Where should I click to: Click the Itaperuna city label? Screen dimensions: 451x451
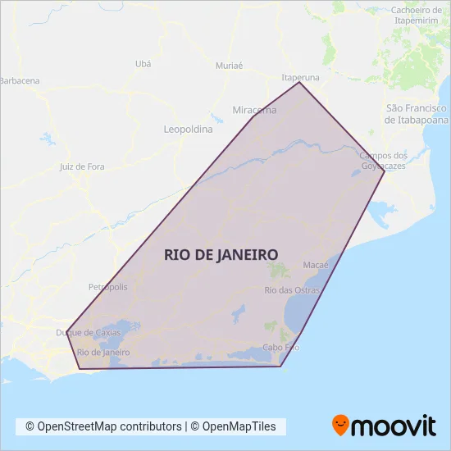(300, 77)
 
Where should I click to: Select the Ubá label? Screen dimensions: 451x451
(143, 63)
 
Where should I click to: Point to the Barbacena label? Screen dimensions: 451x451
(20, 81)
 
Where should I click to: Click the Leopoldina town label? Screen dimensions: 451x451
(188, 130)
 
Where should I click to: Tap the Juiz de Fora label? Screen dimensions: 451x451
(82, 166)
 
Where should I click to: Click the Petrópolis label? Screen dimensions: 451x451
(107, 287)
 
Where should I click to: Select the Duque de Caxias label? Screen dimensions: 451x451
(88, 333)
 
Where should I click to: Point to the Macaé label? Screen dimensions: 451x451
(316, 266)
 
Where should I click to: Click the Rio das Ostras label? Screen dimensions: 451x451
(292, 290)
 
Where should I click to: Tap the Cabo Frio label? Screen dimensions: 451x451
(280, 348)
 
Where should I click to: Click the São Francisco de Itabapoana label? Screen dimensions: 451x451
(417, 114)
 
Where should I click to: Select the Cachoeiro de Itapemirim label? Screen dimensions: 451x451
(417, 16)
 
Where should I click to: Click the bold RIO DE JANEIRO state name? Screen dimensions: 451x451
(221, 254)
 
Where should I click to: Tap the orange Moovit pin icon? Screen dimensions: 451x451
(340, 424)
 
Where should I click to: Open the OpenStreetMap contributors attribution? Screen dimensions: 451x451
(103, 426)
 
